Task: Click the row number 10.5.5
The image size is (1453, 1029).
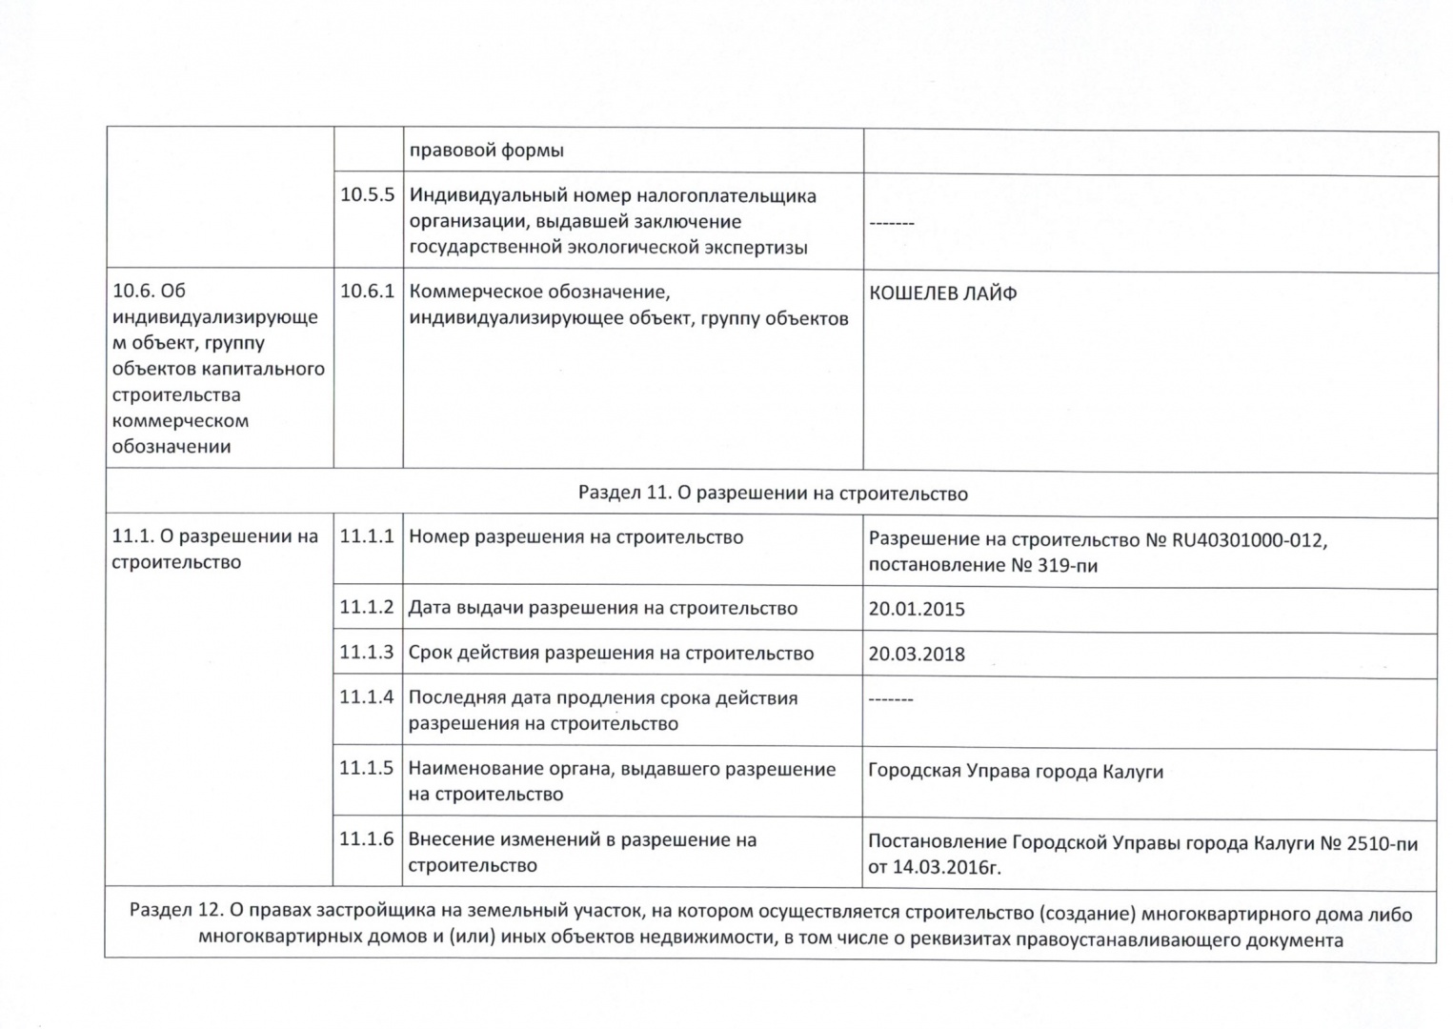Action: [x=367, y=195]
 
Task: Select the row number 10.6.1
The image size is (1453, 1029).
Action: [x=367, y=292]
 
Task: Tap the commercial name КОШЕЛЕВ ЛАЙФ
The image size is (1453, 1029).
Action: [x=942, y=293]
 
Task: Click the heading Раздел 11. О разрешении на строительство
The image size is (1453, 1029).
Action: [x=772, y=494]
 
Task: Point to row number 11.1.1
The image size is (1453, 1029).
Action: [x=367, y=536]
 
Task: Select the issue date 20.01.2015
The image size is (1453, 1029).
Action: [x=917, y=610]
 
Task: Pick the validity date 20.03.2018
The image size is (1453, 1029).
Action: [x=917, y=655]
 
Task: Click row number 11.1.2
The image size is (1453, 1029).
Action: [x=367, y=608]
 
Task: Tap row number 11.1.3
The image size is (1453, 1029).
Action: [x=367, y=653]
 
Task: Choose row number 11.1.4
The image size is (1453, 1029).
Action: [x=367, y=697]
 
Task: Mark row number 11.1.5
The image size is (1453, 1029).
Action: [x=367, y=769]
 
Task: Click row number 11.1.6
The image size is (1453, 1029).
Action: [x=367, y=839]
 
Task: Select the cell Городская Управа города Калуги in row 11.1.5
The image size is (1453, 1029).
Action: [x=1016, y=772]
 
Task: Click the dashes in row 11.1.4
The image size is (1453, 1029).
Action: [x=891, y=700]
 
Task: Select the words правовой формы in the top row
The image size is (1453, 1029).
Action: [x=486, y=151]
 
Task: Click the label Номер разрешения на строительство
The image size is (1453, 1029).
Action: [x=575, y=537]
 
